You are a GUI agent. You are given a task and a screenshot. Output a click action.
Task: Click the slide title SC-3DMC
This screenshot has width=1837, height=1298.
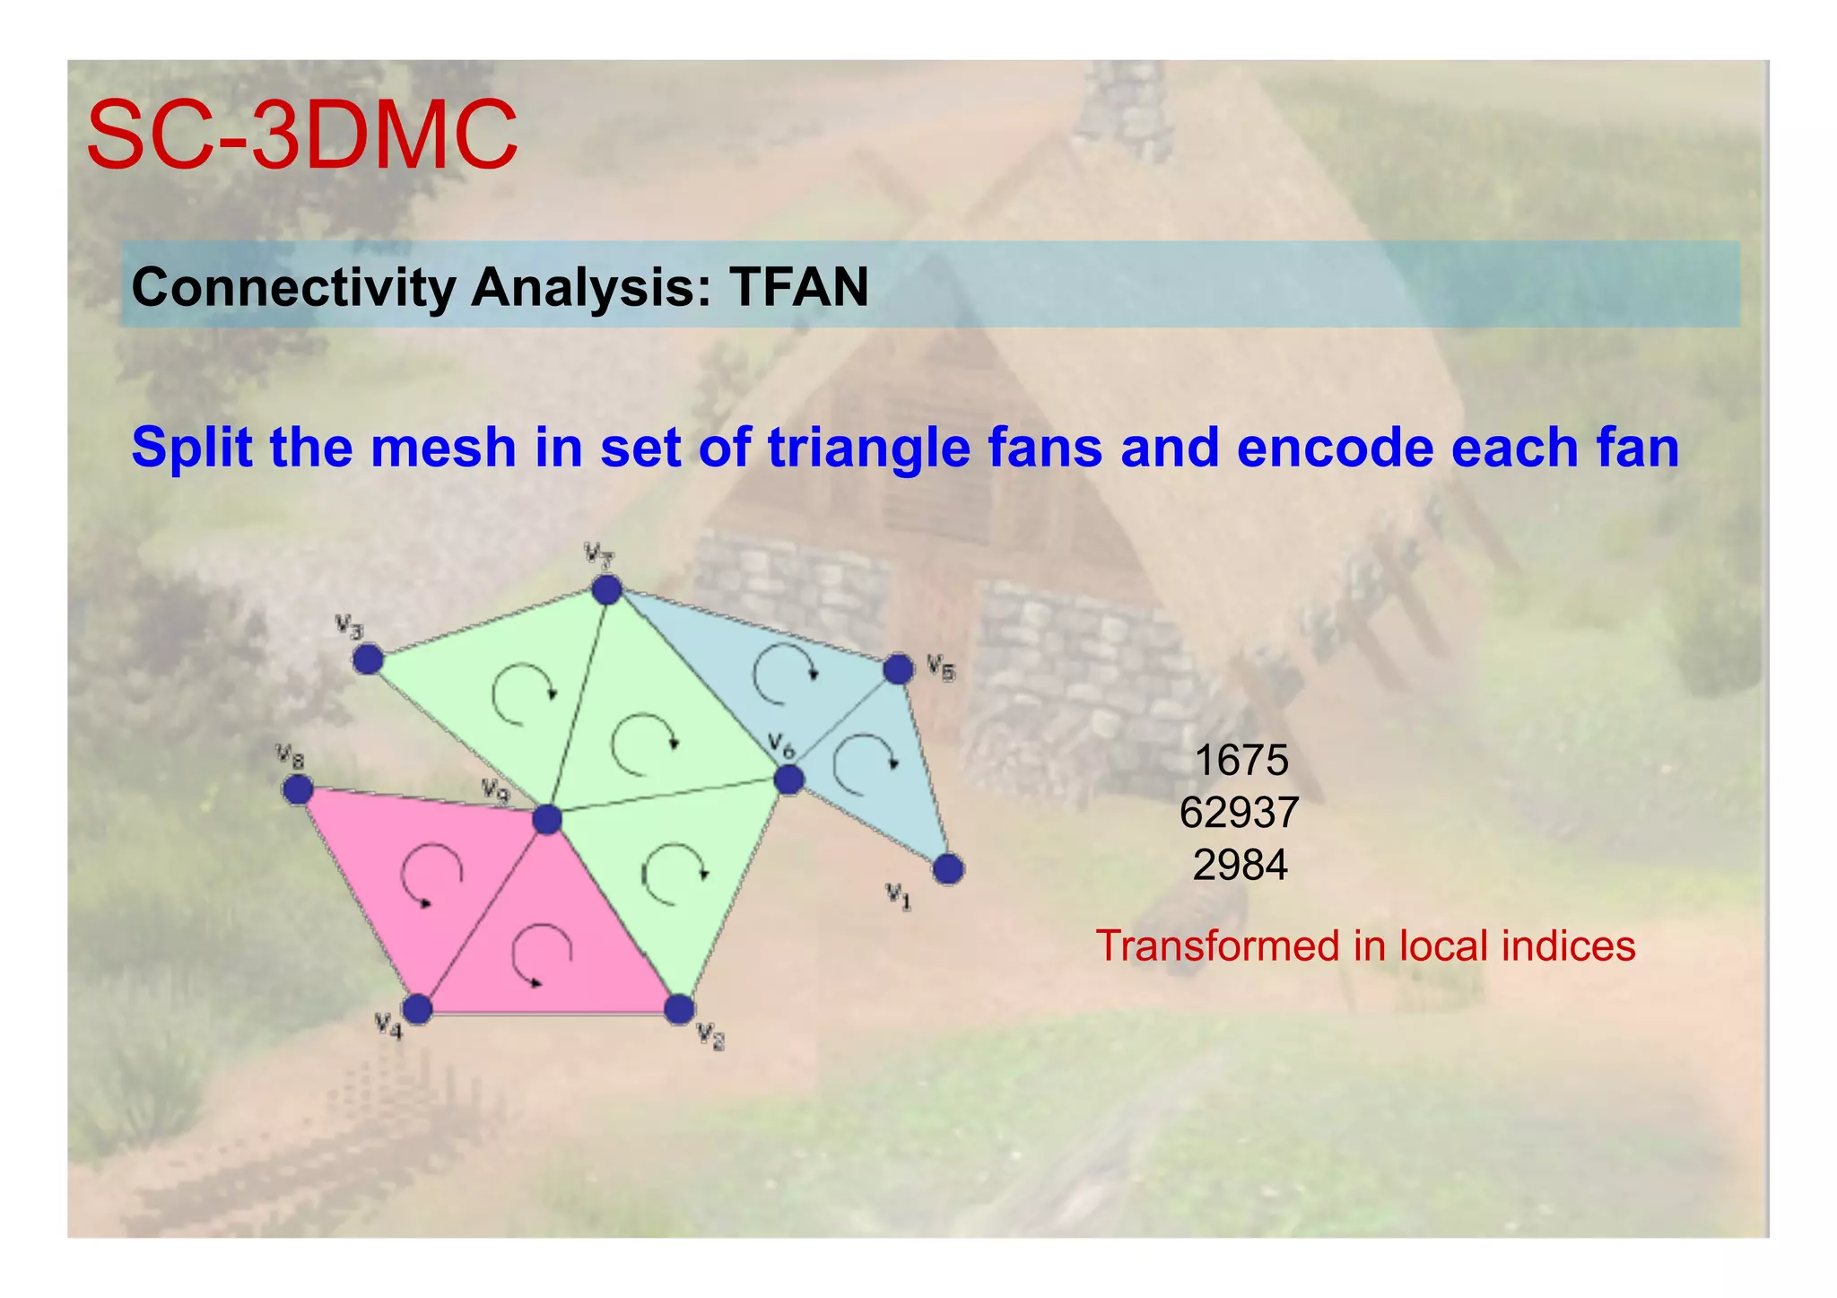tap(301, 135)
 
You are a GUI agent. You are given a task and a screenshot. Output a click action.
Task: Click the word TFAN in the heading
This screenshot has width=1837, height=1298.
tap(798, 287)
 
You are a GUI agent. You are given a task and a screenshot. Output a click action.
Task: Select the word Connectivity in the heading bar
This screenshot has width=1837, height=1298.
tap(294, 287)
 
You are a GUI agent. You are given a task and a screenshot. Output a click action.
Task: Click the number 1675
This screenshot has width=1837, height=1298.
tap(1241, 761)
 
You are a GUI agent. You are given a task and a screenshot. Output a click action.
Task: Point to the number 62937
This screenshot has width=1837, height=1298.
tap(1239, 813)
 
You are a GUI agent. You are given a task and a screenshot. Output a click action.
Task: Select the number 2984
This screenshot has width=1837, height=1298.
tap(1240, 865)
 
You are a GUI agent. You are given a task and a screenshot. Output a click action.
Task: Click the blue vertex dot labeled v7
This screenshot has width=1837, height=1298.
tap(607, 590)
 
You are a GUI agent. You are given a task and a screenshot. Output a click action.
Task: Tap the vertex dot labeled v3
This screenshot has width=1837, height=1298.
tap(368, 660)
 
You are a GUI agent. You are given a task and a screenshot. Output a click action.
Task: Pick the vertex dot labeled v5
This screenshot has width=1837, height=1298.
tap(898, 668)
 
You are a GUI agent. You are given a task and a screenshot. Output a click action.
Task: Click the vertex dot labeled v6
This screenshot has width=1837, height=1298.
tap(788, 780)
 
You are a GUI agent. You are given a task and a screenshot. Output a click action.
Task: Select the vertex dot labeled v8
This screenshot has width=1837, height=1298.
tap(297, 789)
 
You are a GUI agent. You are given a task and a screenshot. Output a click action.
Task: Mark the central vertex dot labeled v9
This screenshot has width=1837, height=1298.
tap(547, 819)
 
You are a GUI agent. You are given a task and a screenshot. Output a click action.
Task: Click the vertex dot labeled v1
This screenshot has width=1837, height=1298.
tap(948, 868)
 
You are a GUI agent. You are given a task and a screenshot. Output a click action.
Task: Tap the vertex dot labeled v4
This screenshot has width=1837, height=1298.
tap(417, 1008)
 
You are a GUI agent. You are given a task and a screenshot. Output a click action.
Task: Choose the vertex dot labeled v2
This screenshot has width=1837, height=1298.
tap(680, 1008)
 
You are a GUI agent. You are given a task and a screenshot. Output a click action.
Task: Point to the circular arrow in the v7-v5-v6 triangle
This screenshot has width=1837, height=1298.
tap(784, 673)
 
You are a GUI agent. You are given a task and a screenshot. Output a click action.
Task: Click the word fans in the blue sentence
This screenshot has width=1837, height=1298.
tap(1045, 448)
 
